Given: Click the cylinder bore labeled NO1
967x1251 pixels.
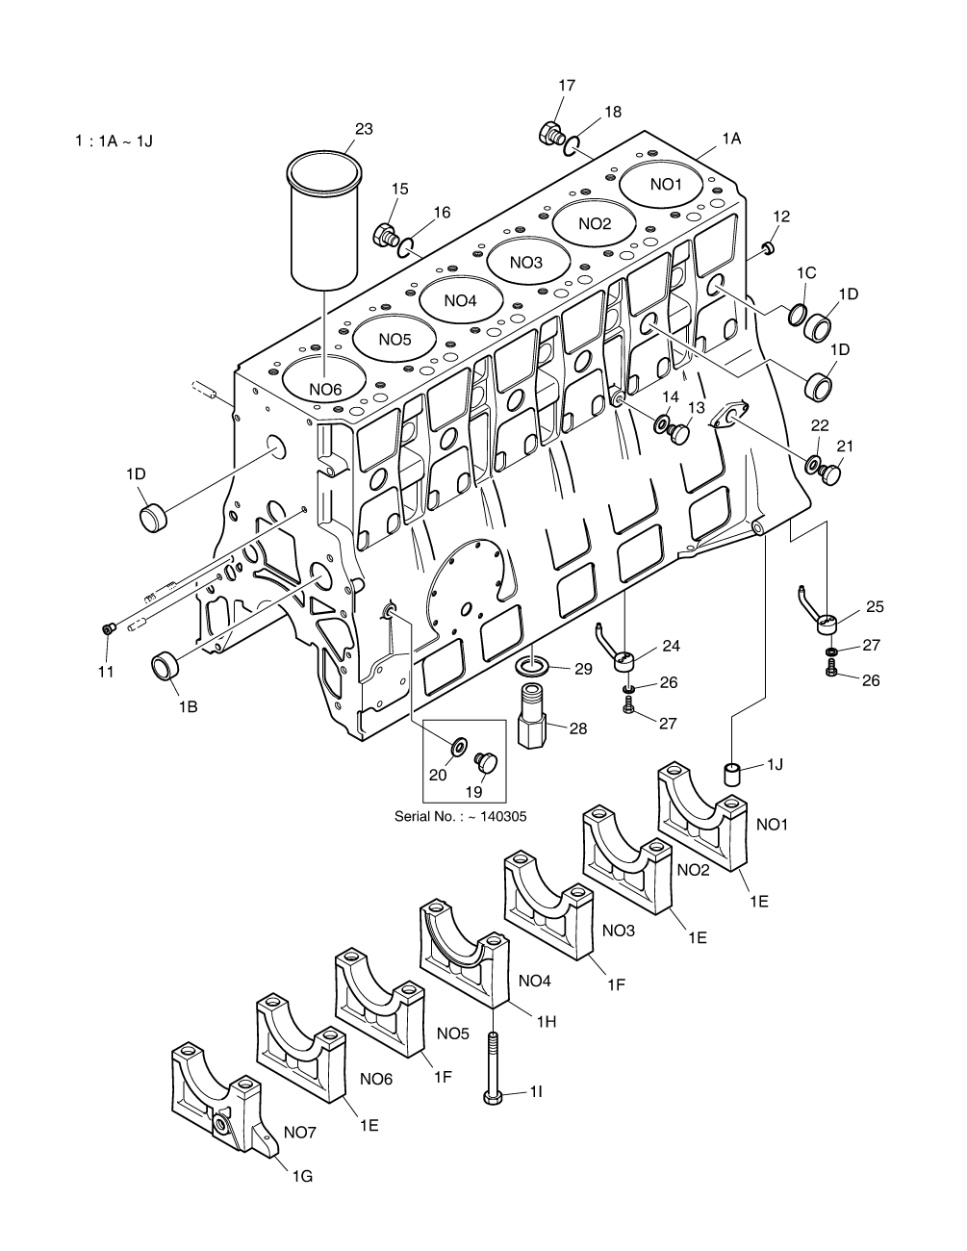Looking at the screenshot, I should (x=664, y=184).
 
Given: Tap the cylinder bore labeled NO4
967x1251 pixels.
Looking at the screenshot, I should (x=460, y=300).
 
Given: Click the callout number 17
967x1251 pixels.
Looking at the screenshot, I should (x=567, y=86).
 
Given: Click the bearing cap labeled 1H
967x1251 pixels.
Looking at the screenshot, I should (x=464, y=948).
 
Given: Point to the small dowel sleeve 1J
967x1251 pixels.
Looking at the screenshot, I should (x=732, y=774).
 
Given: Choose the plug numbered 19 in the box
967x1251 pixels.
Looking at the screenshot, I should (x=487, y=763).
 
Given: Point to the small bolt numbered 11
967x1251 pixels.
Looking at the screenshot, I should (x=109, y=628).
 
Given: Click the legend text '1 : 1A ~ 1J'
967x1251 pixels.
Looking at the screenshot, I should (x=115, y=141).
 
